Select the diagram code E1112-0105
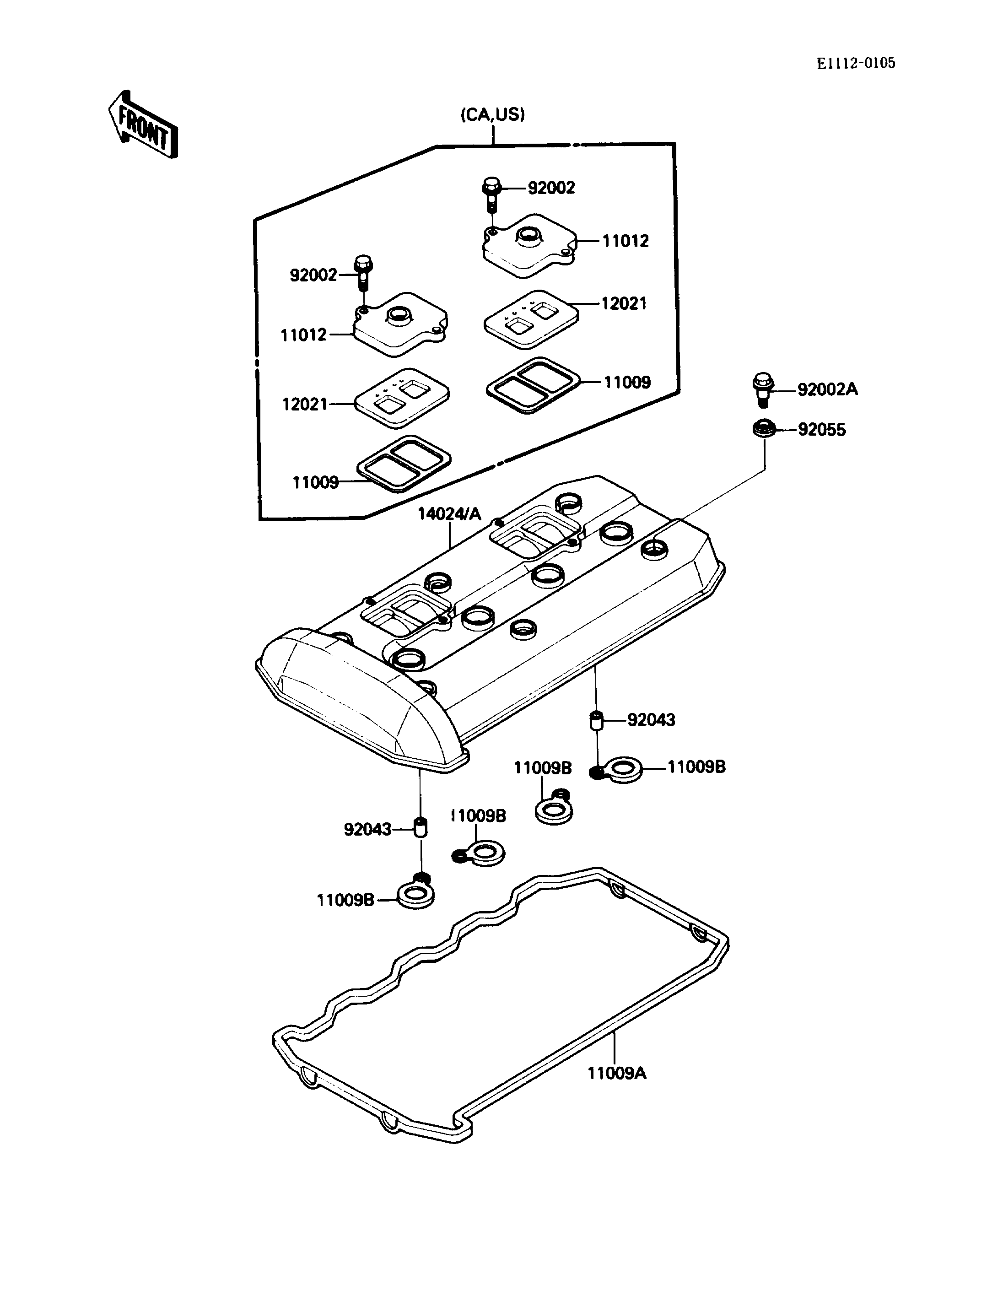click(x=856, y=63)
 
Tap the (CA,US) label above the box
click(x=492, y=114)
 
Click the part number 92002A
click(x=827, y=389)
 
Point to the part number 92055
click(x=822, y=430)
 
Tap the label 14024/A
click(x=449, y=513)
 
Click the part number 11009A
click(x=617, y=1073)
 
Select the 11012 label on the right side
click(x=625, y=241)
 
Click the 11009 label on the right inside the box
click(x=627, y=382)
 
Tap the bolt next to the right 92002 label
click(x=491, y=194)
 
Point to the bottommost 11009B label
click(x=345, y=900)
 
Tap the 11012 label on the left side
click(x=304, y=335)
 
